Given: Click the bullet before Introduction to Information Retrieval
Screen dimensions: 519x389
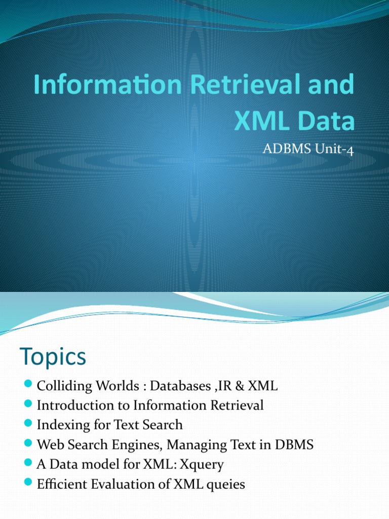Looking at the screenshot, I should tap(28, 405).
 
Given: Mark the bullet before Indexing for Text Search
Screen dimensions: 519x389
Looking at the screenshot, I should tap(28, 425).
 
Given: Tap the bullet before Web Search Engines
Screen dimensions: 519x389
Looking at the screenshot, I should tap(28, 444).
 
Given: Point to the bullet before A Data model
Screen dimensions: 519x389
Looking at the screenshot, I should tap(28, 464).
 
